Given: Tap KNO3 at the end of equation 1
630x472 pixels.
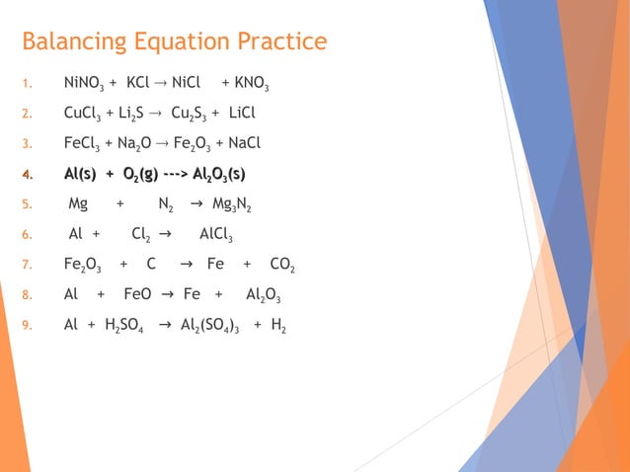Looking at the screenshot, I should pos(246,85).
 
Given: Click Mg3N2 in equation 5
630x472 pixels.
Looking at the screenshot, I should pos(232,205).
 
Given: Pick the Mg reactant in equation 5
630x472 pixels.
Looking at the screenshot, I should pos(78,204).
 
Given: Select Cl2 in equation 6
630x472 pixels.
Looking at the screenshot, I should pos(141,235).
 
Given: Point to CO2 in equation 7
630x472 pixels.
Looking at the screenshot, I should pos(282,266).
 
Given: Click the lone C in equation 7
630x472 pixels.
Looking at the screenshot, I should pos(151,265).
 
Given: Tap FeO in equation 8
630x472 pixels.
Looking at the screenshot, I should pos(137,294).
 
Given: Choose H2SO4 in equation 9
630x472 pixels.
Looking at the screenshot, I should pos(123,325).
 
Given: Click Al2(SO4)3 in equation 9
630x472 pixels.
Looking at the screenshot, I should pos(211,325).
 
